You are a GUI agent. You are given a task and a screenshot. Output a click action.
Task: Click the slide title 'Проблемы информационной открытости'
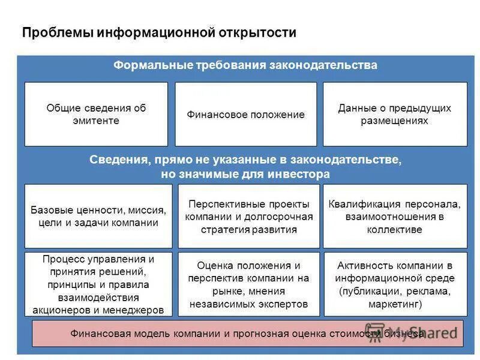coord(159,32)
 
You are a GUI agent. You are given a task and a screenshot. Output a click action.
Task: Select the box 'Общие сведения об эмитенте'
coord(96,114)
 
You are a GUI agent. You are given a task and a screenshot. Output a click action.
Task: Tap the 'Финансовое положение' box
coord(245,114)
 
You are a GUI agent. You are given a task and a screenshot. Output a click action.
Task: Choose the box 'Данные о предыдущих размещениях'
coord(395,114)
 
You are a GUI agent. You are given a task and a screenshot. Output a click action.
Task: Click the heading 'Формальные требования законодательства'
coord(245,65)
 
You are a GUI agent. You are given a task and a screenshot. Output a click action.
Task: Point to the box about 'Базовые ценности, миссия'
coord(98,217)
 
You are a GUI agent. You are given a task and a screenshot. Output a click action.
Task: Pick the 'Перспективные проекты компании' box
coord(249,217)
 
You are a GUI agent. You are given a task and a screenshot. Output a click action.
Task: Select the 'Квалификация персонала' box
coord(395,217)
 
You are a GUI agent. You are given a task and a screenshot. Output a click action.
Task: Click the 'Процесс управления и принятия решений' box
coord(98,284)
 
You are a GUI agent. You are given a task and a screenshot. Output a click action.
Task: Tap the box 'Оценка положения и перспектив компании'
coord(249,284)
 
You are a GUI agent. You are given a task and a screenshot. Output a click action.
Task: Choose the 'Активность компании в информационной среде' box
coord(395,284)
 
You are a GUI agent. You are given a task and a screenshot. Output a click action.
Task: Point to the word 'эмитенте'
coord(96,121)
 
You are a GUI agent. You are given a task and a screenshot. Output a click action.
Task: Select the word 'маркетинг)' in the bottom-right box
coord(395,304)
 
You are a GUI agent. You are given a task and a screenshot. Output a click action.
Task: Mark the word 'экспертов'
coord(283,304)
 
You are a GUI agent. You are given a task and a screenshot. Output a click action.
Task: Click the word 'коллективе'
coord(395,230)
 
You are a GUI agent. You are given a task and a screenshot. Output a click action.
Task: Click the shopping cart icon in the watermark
coord(376,333)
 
